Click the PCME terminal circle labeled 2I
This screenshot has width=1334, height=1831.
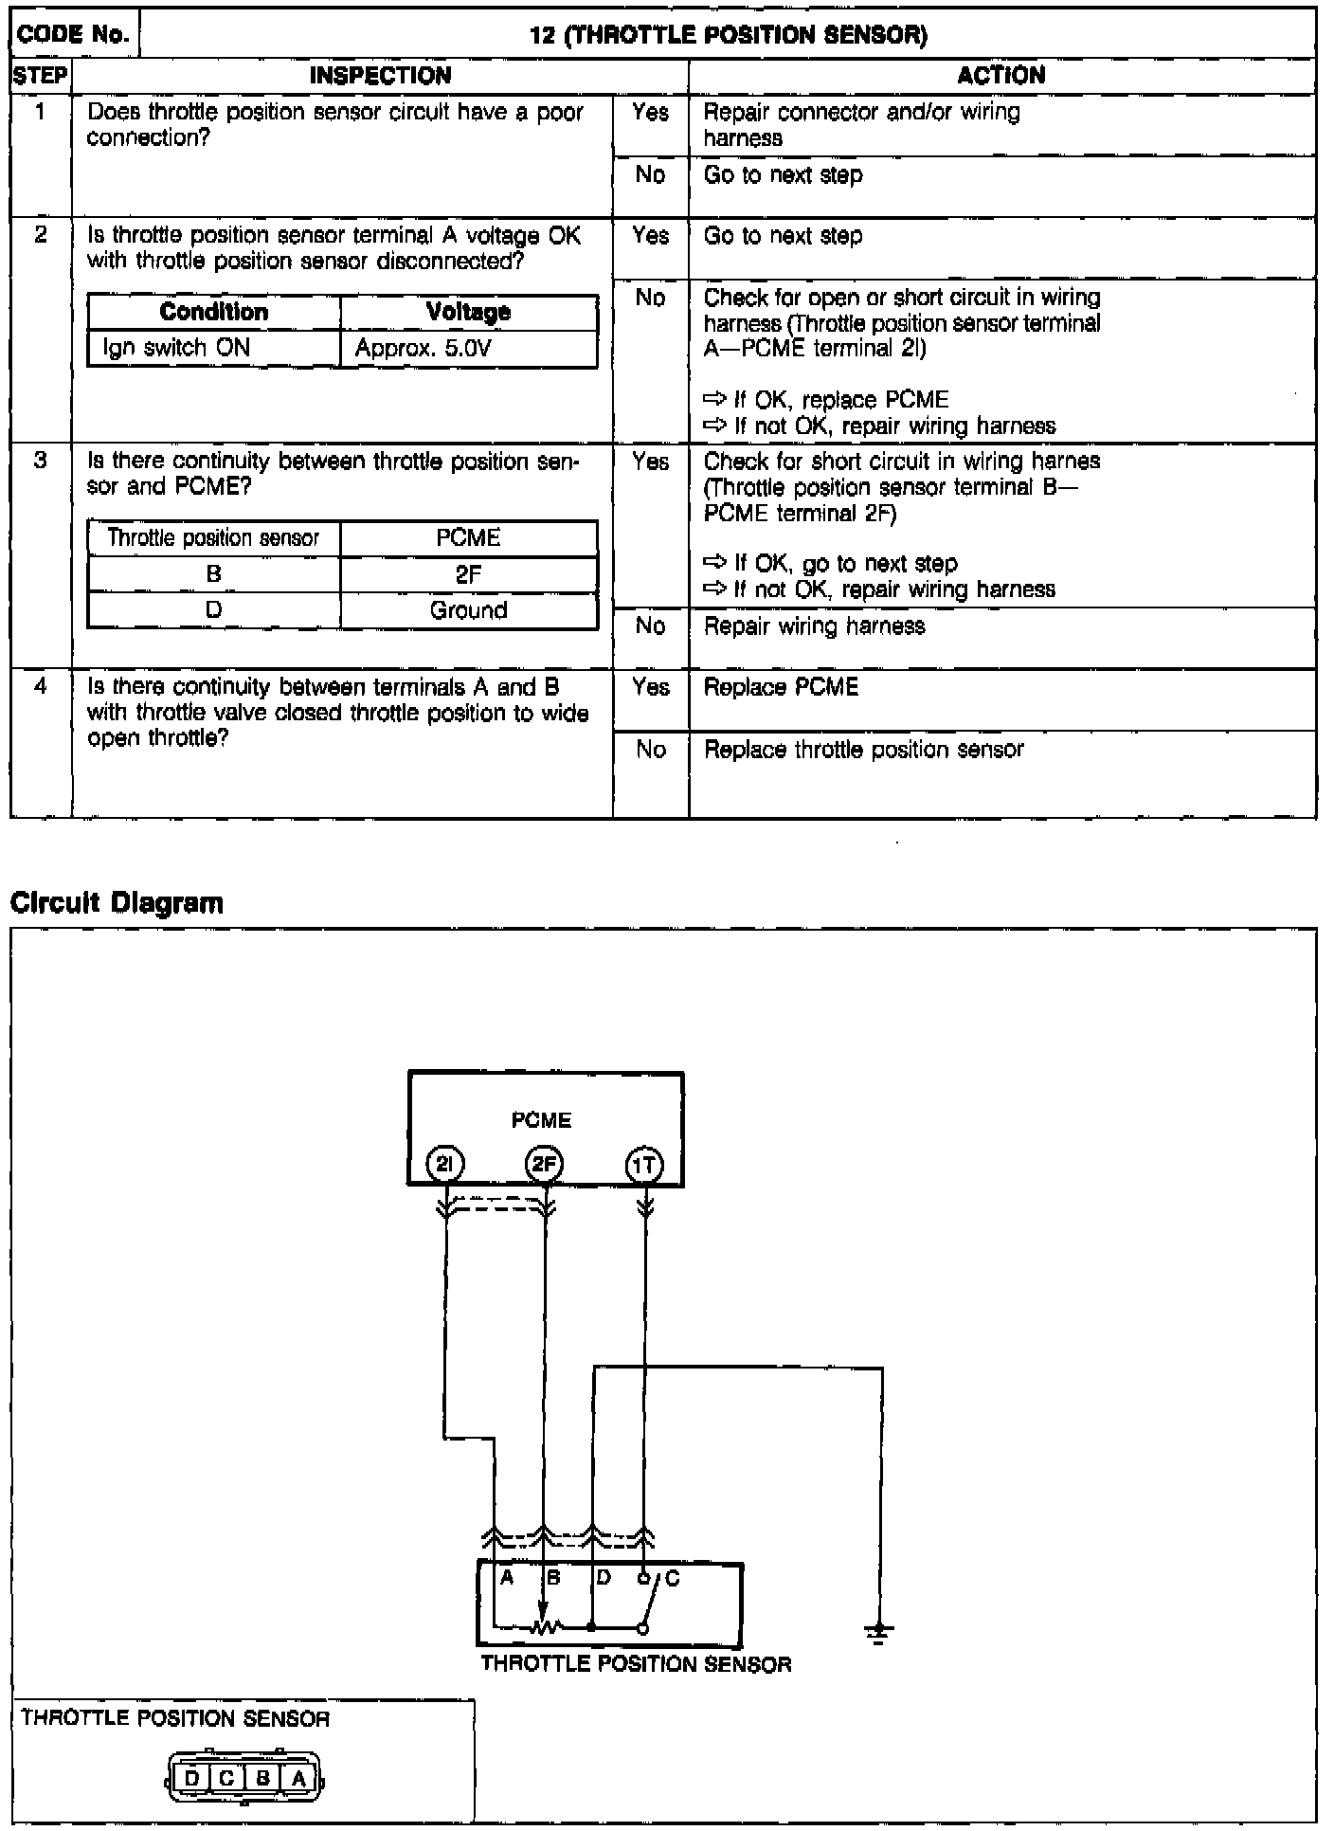[446, 1164]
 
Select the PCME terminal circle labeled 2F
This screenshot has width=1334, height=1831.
[545, 1164]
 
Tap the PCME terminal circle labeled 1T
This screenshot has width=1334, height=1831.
[645, 1164]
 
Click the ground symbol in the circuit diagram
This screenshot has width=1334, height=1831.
[879, 1632]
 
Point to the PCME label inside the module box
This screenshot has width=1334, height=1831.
[541, 1120]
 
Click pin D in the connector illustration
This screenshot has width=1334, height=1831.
[192, 1778]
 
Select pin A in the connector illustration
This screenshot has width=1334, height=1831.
[298, 1778]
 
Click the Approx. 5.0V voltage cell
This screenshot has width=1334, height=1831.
[423, 348]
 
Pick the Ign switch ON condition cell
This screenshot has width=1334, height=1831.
[176, 348]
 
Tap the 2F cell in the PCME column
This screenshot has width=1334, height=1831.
[468, 573]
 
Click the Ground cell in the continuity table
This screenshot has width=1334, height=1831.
[468, 610]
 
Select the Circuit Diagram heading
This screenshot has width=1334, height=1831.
[117, 902]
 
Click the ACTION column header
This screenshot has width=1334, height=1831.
[1000, 76]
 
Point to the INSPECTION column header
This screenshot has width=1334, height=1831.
[380, 76]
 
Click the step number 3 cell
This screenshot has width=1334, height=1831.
[40, 462]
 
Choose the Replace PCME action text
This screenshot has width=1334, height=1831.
[781, 687]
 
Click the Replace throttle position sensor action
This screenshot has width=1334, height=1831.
[863, 750]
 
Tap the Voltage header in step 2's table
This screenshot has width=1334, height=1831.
[468, 312]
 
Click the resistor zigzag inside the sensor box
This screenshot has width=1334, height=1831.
[547, 1627]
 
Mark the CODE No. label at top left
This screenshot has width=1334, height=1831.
[74, 35]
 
